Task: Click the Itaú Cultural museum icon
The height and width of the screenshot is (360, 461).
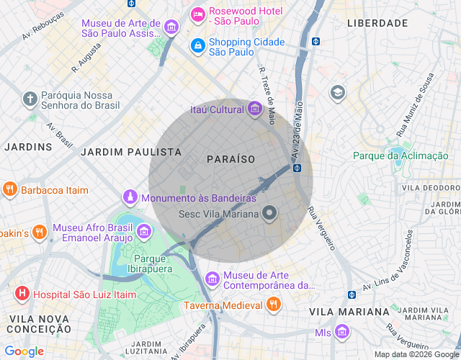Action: [x=254, y=109]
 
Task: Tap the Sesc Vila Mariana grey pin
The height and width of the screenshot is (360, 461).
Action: [x=270, y=213]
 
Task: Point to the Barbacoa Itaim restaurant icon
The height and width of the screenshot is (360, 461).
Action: [x=9, y=190]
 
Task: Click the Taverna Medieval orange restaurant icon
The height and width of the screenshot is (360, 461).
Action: [x=273, y=305]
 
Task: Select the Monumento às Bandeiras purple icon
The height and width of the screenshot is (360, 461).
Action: [x=130, y=197]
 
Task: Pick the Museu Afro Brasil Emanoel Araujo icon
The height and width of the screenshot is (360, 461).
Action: [x=144, y=231]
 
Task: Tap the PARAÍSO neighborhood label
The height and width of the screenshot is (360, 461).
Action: [x=230, y=158]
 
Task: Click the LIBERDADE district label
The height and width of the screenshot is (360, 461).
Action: [x=377, y=24]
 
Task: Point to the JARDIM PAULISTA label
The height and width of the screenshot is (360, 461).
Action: [x=130, y=152]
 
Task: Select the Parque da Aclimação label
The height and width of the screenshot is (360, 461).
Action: [x=400, y=156]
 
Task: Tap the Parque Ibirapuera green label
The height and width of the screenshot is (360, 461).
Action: [x=155, y=265]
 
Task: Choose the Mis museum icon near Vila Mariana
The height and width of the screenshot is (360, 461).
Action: [x=342, y=332]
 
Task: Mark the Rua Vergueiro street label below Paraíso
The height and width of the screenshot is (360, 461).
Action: [x=321, y=229]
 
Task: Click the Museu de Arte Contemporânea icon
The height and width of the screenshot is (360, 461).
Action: [x=212, y=278]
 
